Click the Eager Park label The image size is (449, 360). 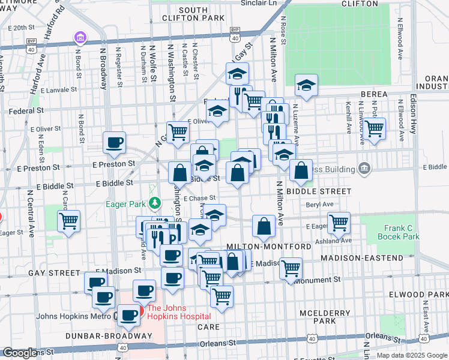tap(125, 204)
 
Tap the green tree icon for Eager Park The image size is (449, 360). tap(154, 204)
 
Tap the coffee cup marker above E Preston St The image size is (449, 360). tap(114, 143)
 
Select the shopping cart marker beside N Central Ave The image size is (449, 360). tap(69, 220)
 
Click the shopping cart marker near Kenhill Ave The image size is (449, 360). tap(375, 128)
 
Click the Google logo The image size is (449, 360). tap(19, 353)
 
